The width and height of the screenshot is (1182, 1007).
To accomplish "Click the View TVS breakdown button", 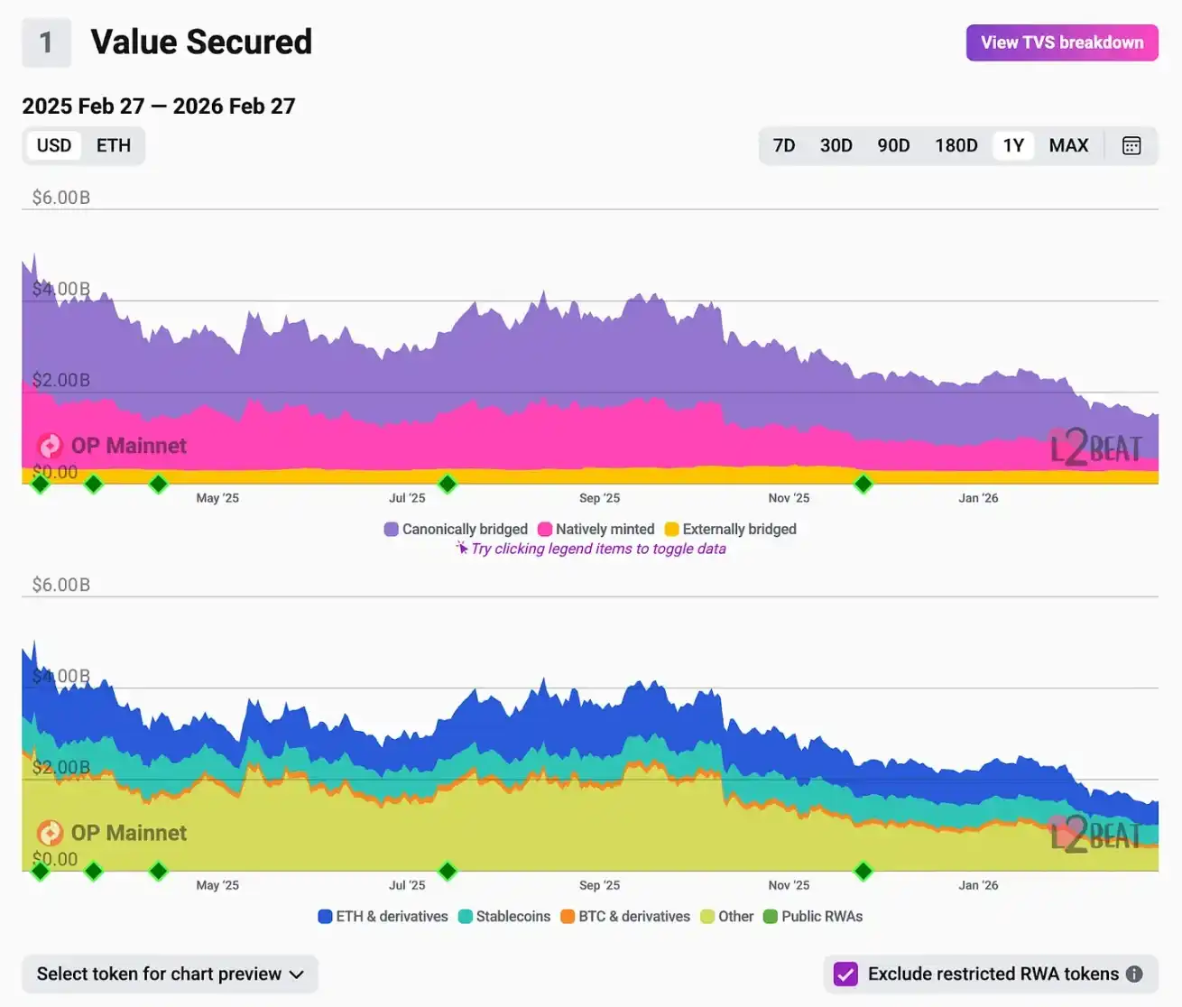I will (1062, 42).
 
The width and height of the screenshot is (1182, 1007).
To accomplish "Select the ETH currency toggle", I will (114, 145).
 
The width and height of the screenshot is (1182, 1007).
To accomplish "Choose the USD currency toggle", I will (54, 145).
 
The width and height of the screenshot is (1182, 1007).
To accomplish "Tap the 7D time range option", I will (784, 145).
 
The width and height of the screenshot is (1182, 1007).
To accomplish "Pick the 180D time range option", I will (956, 145).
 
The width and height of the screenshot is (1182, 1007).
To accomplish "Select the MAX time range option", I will (1068, 145).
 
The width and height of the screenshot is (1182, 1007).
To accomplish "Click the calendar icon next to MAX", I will (1131, 145).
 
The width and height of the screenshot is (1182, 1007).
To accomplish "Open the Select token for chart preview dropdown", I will (170, 974).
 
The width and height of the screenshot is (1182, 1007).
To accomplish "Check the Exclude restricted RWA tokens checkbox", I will (845, 974).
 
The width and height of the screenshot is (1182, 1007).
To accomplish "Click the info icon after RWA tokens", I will (1134, 974).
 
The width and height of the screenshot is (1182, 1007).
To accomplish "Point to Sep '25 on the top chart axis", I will (599, 498).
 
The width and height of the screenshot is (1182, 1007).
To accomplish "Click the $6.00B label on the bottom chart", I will (61, 585).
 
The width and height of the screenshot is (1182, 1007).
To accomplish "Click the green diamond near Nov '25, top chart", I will (863, 484).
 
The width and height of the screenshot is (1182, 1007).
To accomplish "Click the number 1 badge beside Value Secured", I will (46, 42).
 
